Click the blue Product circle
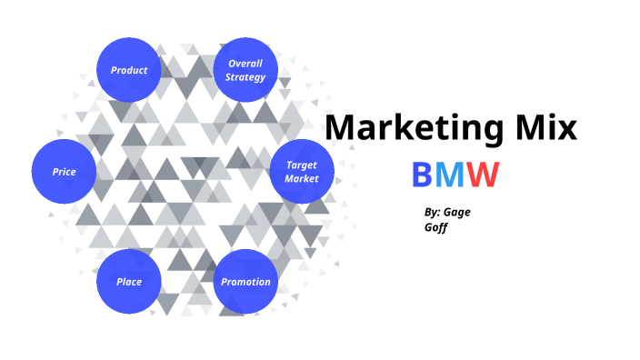129,70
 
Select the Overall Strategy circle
246,70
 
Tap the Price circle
64,171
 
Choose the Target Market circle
302,172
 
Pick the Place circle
129,282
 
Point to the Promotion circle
246,282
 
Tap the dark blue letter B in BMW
423,174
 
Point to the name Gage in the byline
457,213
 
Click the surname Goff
435,229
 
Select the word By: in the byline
433,212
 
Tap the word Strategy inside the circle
246,77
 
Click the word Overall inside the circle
246,64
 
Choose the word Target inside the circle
302,165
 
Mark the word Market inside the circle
302,179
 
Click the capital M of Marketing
342,126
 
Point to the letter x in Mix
565,128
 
